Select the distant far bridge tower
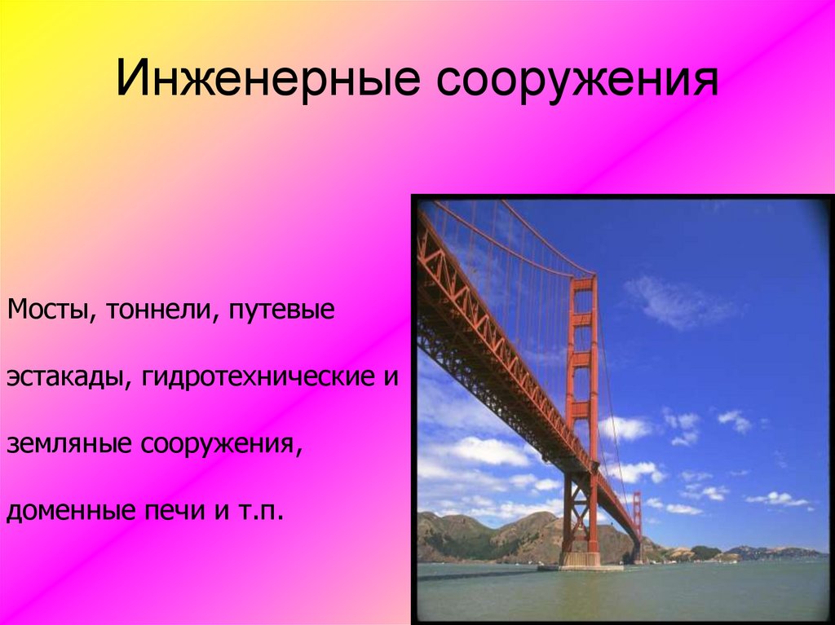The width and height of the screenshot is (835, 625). click(x=637, y=527)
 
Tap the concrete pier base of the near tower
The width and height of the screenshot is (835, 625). click(x=580, y=559)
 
